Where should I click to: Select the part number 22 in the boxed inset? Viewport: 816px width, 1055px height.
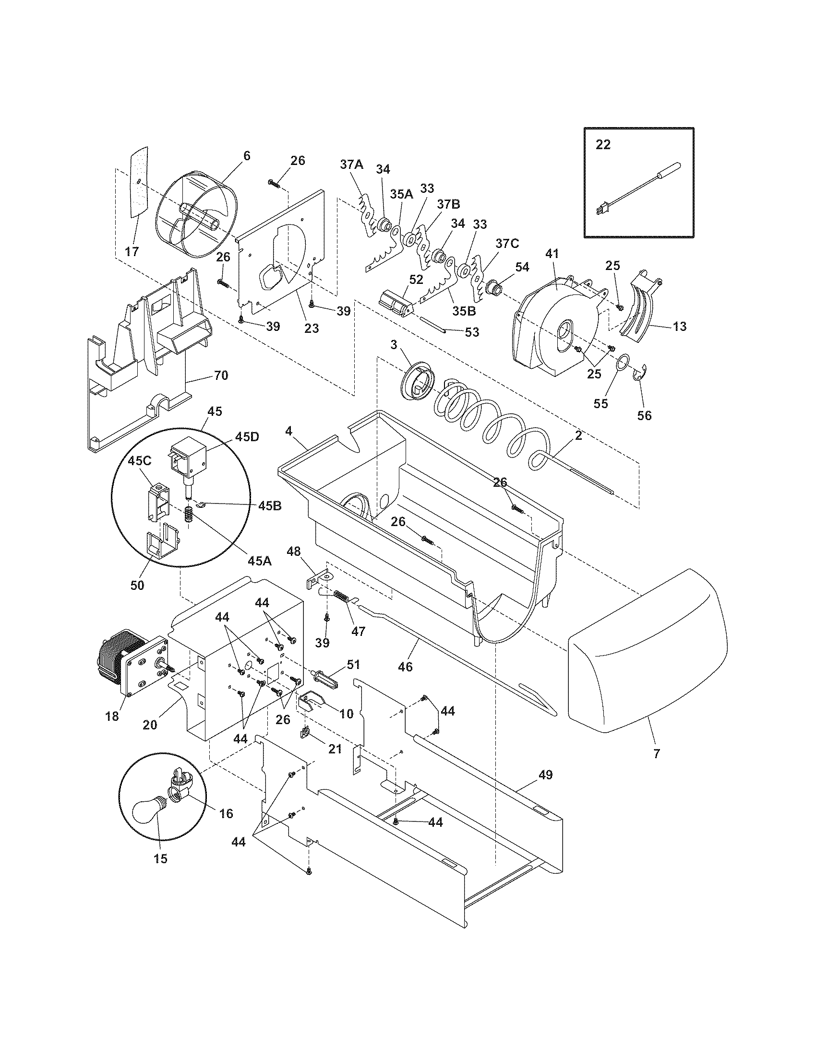(x=603, y=144)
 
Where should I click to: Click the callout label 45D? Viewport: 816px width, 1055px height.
(x=247, y=437)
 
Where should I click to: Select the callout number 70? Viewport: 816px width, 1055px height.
(x=221, y=375)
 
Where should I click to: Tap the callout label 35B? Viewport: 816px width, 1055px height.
(x=465, y=311)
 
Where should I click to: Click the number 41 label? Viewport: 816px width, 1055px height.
(x=552, y=253)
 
